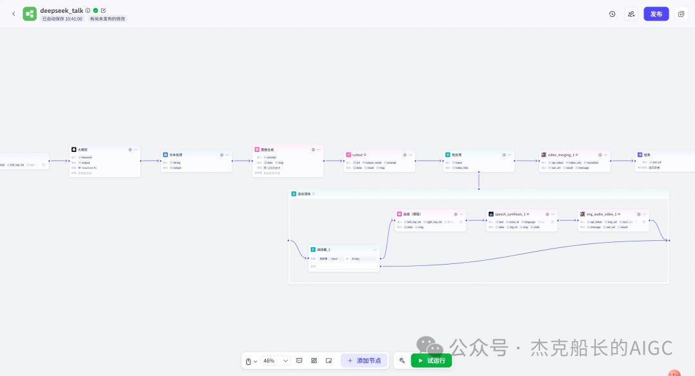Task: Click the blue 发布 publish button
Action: click(x=656, y=14)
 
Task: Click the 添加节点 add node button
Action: click(x=364, y=361)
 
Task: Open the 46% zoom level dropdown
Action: click(x=276, y=361)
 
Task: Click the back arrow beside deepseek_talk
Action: click(x=14, y=14)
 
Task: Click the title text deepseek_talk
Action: click(x=61, y=10)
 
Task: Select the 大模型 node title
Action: click(x=84, y=149)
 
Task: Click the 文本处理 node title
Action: click(x=176, y=155)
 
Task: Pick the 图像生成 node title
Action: click(x=267, y=149)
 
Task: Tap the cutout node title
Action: click(x=357, y=155)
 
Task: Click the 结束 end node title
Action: click(x=647, y=155)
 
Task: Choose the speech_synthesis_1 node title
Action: click(x=510, y=214)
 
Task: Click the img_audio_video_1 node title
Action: click(x=602, y=214)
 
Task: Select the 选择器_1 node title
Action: click(x=324, y=249)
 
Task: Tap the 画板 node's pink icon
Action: click(x=400, y=214)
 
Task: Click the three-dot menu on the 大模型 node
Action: click(x=136, y=149)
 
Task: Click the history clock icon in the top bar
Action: click(x=612, y=14)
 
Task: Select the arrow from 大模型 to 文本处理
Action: click(x=151, y=161)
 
